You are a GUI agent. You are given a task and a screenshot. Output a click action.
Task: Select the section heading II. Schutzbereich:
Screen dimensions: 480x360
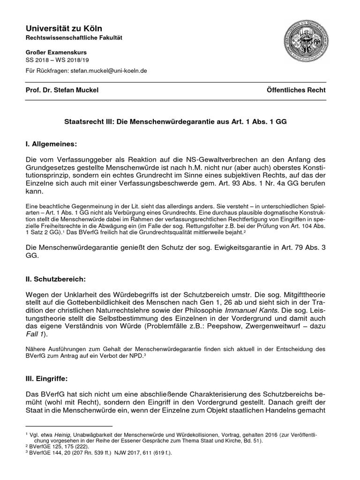56,279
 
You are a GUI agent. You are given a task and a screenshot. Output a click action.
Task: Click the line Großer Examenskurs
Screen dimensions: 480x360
53,53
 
